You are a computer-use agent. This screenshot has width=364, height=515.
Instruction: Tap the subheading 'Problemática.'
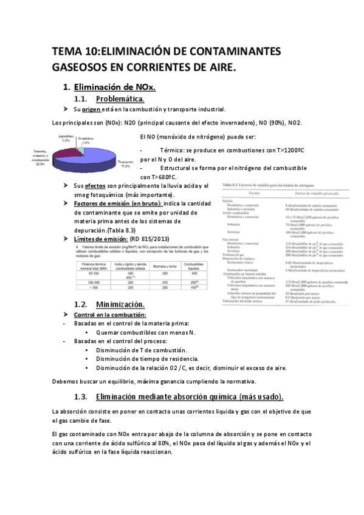click(120, 98)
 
